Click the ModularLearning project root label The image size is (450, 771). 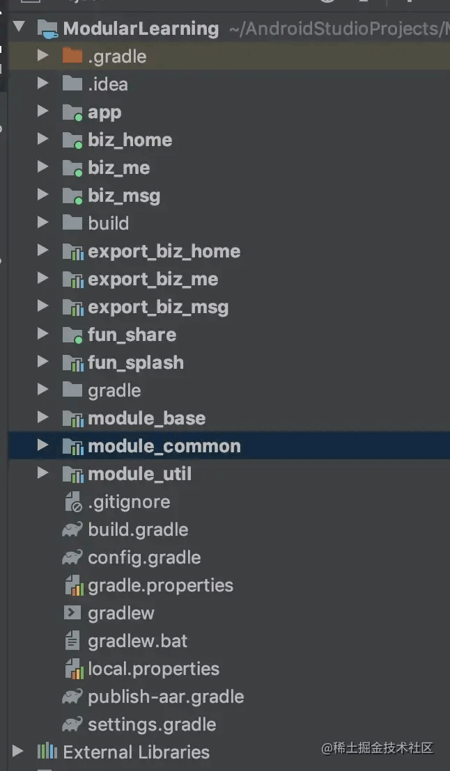pyautogui.click(x=141, y=28)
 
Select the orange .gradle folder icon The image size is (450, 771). pyautogui.click(x=72, y=56)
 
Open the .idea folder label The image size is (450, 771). pyautogui.click(x=108, y=84)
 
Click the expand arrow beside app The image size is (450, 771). pyautogui.click(x=42, y=111)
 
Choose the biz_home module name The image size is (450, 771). pyautogui.click(x=130, y=140)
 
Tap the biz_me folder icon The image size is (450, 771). pyautogui.click(x=72, y=168)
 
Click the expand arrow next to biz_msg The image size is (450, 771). pyautogui.click(x=42, y=196)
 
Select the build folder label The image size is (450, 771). pyautogui.click(x=108, y=223)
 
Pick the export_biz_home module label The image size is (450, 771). pyautogui.click(x=164, y=251)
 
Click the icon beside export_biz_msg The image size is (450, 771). pyautogui.click(x=73, y=308)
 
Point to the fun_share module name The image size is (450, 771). pyautogui.click(x=132, y=335)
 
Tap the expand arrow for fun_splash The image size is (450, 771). pyautogui.click(x=42, y=363)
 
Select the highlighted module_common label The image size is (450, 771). pyautogui.click(x=164, y=446)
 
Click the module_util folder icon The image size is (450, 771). pyautogui.click(x=73, y=475)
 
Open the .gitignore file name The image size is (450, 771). pyautogui.click(x=129, y=502)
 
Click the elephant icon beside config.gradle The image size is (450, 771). pyautogui.click(x=72, y=557)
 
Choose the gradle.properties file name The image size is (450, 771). pyautogui.click(x=160, y=586)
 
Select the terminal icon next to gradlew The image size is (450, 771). pyautogui.click(x=72, y=612)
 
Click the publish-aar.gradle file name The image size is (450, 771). pyautogui.click(x=166, y=697)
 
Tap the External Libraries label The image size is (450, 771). pyautogui.click(x=137, y=752)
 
